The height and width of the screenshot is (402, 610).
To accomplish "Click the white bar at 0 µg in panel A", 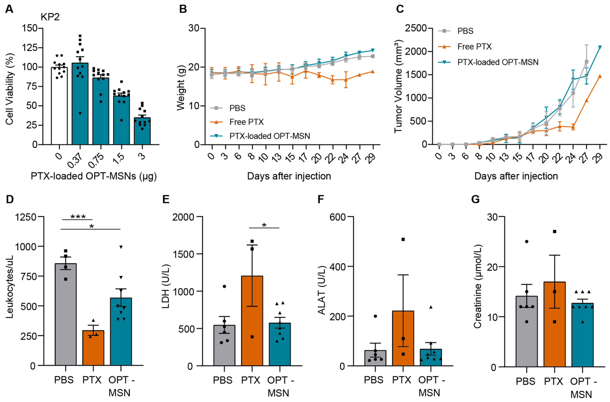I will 59,108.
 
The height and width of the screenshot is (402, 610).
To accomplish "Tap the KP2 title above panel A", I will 50,17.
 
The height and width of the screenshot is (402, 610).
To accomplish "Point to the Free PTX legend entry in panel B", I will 246,122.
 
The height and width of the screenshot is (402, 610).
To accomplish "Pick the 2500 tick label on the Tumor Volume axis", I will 415,28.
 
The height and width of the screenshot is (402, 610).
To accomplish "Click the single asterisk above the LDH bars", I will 264,225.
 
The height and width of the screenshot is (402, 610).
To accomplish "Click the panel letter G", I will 475,199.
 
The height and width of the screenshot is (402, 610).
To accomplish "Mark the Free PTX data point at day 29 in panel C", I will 600,76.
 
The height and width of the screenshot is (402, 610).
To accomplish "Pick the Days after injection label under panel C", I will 516,176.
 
